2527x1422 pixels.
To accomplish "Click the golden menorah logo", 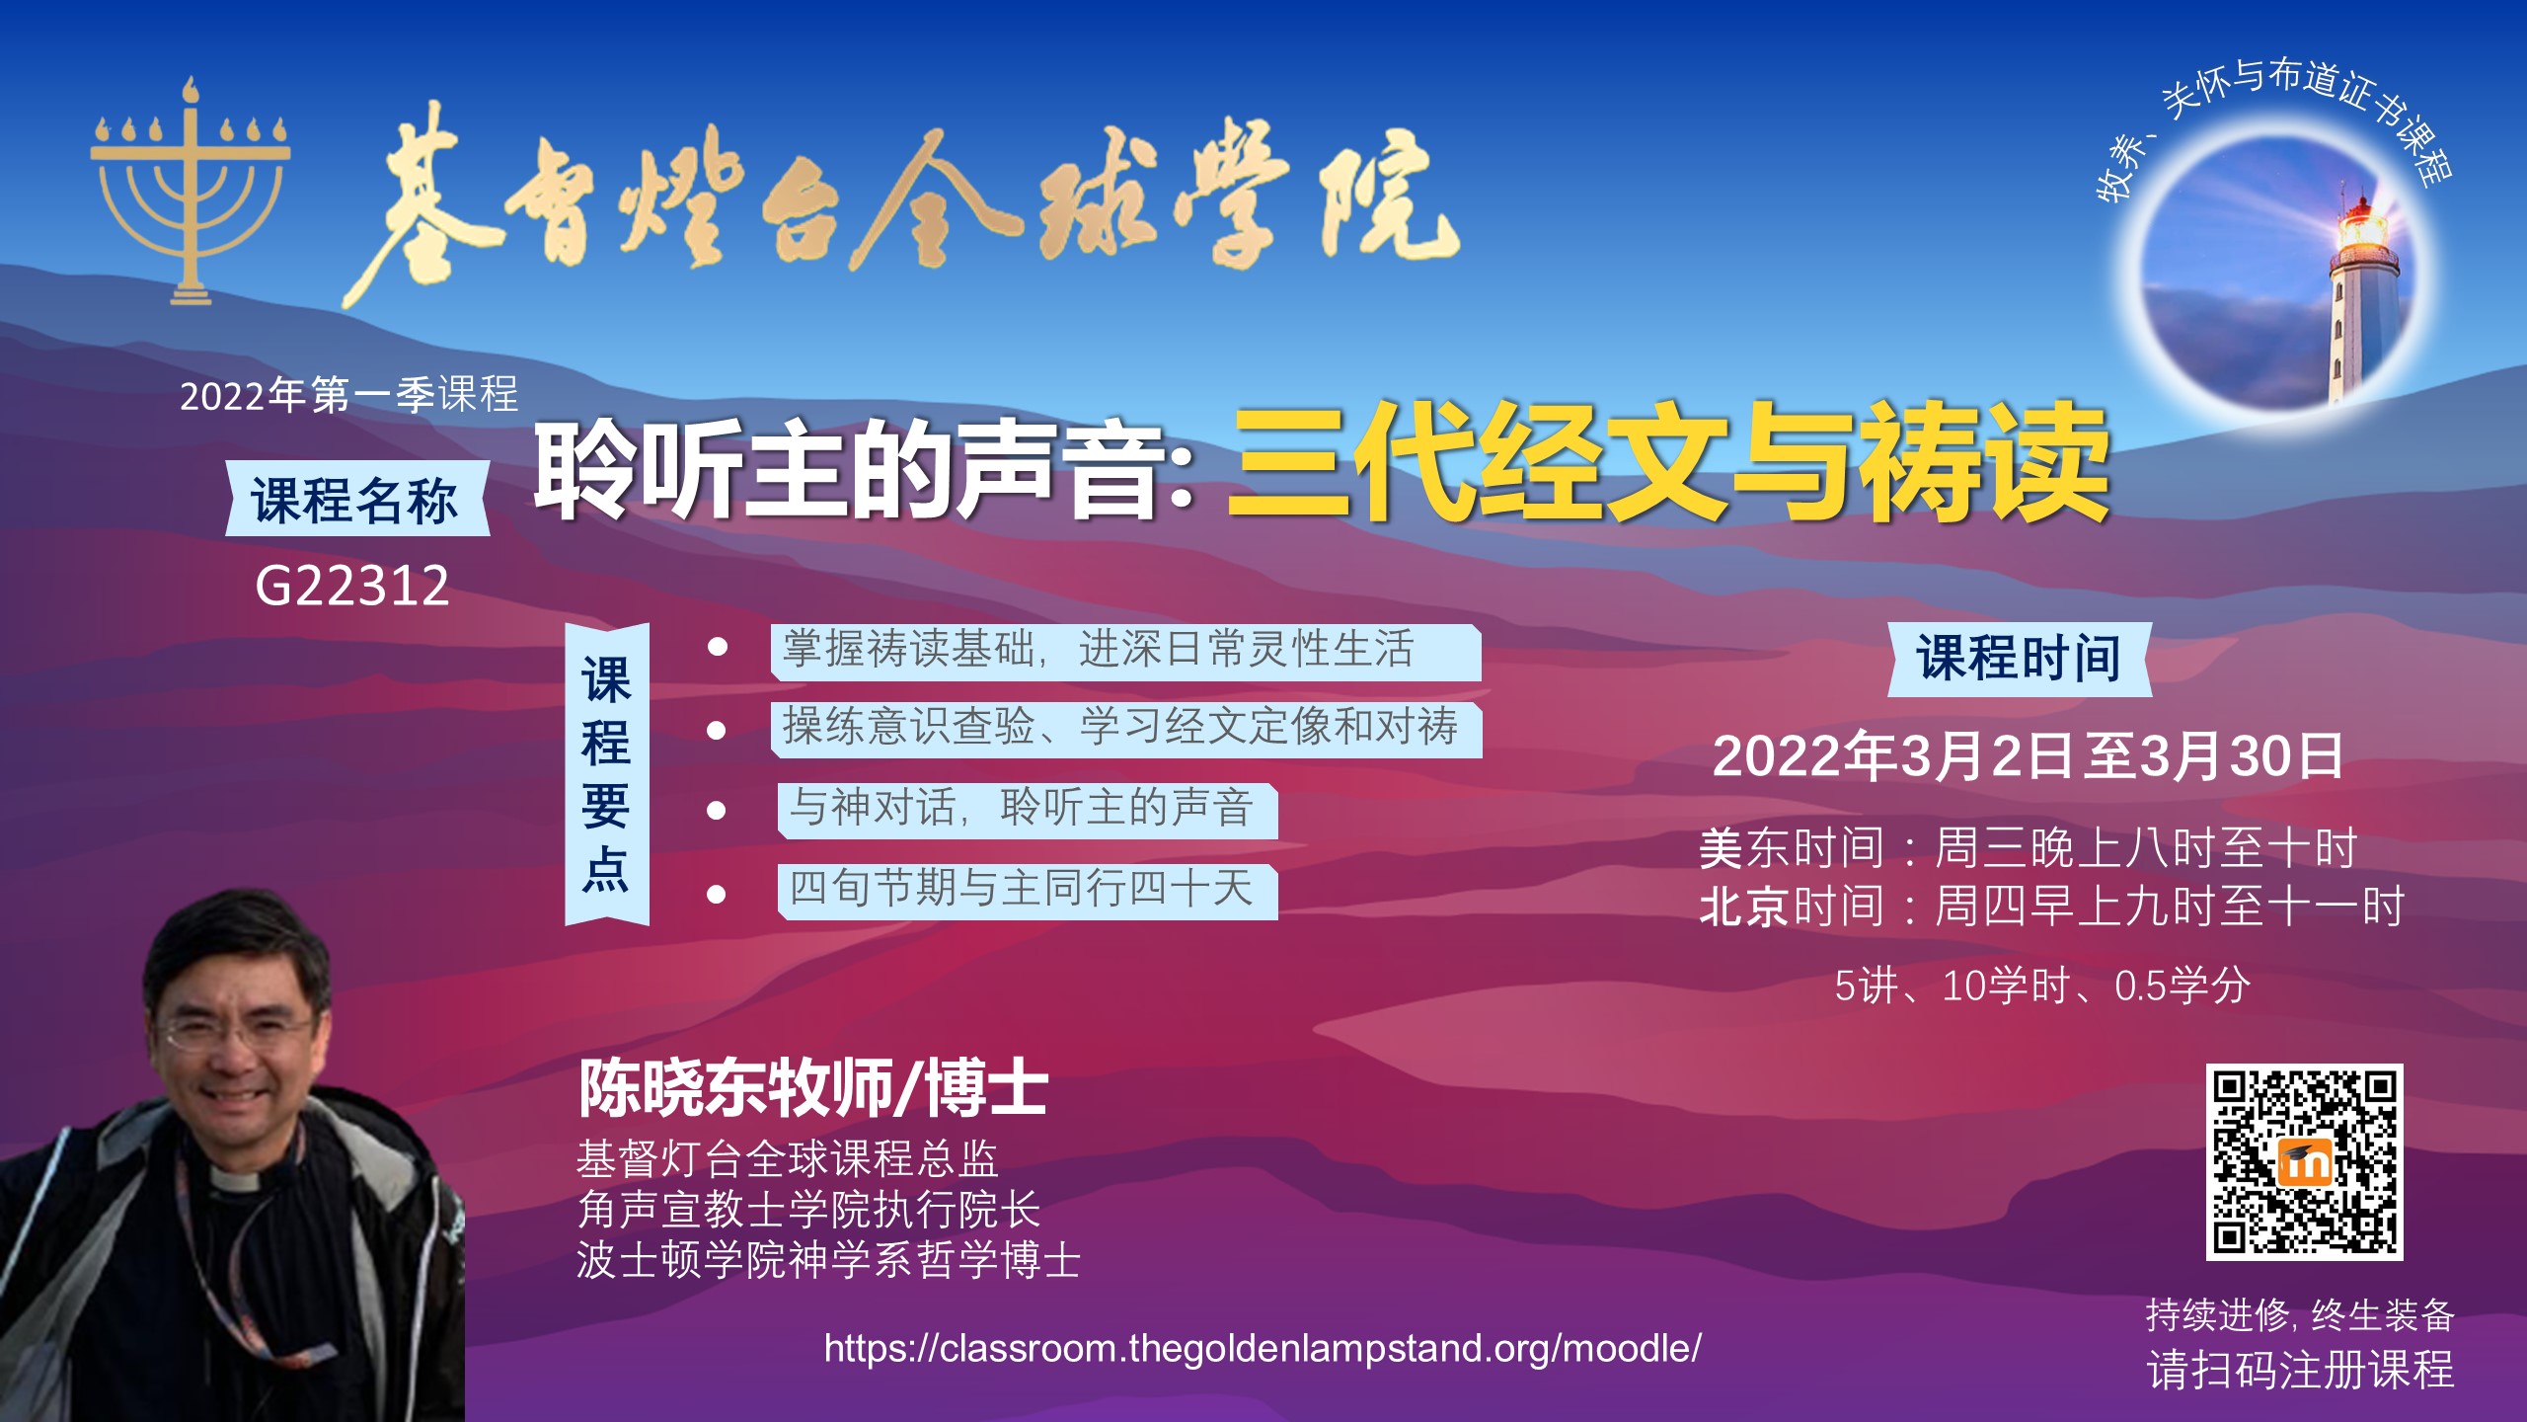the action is point(191,193).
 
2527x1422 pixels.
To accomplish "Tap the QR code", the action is point(2304,1162).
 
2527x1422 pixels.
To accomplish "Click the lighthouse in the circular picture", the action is point(2361,296).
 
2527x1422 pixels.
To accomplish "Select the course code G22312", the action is point(352,586).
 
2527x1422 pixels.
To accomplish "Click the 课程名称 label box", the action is point(356,499).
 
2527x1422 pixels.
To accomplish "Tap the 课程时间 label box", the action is point(2020,659).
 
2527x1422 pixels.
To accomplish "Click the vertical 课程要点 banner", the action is point(606,774).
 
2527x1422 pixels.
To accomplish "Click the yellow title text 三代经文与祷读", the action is point(1668,461).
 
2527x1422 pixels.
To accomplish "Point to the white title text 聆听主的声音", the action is point(849,467).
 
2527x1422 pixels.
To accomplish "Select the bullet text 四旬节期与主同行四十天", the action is point(1021,887).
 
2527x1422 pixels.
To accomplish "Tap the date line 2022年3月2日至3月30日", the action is point(2028,756).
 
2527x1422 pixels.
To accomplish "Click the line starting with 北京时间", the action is point(2051,907).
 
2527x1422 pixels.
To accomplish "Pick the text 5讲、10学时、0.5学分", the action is point(2042,986).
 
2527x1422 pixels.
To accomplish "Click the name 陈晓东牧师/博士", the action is point(813,1087).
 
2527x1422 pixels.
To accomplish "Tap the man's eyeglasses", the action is point(242,1030).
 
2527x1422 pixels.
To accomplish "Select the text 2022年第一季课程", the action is point(349,395).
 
